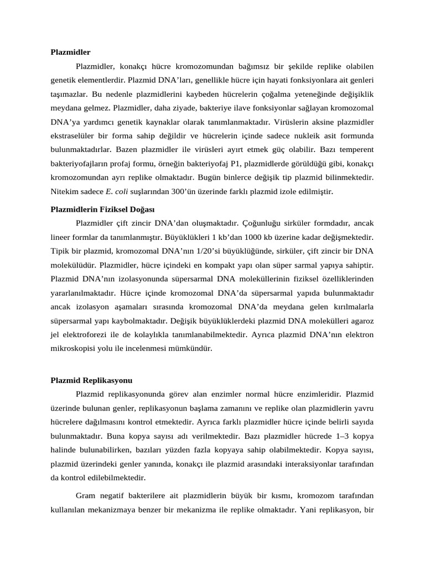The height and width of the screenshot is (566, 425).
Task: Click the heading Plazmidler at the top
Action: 70,52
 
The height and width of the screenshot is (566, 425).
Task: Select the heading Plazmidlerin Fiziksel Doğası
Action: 103,209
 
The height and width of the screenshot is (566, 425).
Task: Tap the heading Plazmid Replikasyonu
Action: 91,380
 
